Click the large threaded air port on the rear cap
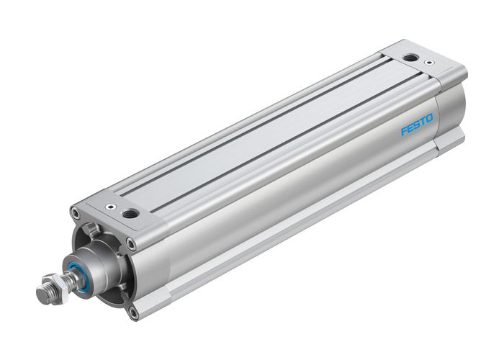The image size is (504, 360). (x=411, y=57)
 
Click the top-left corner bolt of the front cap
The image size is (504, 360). (x=76, y=212)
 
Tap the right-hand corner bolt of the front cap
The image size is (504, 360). (x=131, y=243)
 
